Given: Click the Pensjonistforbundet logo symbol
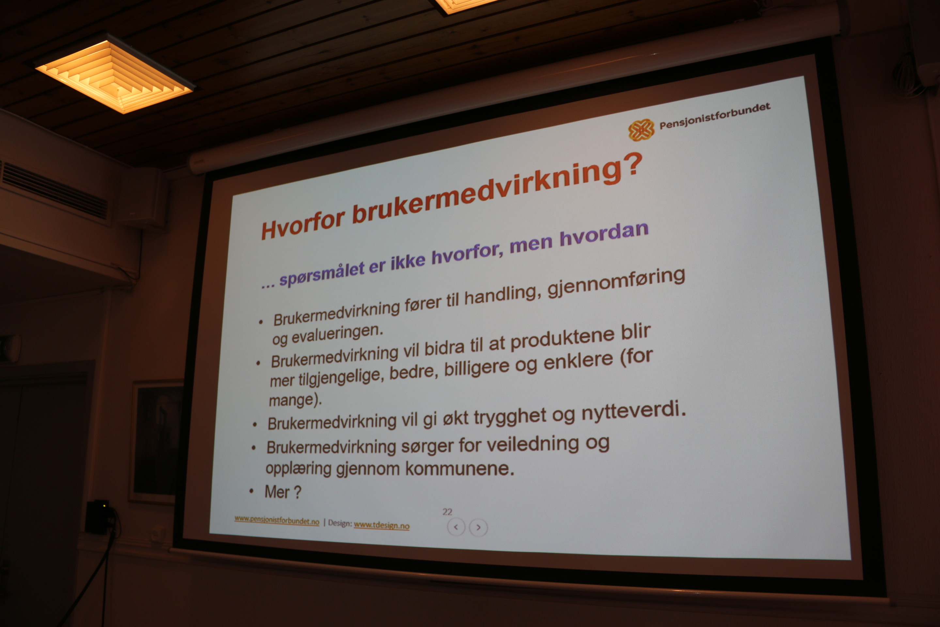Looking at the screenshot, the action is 641,130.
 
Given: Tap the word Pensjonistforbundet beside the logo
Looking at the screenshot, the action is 714,116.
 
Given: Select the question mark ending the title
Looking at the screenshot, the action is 632,166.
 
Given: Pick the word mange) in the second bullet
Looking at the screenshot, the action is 295,400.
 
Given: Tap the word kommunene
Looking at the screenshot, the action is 460,469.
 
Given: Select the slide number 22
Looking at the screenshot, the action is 447,512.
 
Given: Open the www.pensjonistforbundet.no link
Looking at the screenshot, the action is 276,520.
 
